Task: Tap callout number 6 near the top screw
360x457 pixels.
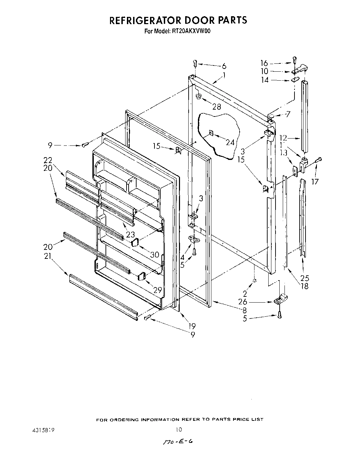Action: click(x=224, y=65)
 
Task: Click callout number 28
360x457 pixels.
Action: click(x=217, y=107)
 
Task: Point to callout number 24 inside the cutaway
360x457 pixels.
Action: click(x=230, y=142)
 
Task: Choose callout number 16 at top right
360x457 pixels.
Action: click(x=264, y=63)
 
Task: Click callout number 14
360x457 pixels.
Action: click(x=264, y=80)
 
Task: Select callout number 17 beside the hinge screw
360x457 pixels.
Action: click(x=315, y=181)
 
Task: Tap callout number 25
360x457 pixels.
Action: click(x=305, y=278)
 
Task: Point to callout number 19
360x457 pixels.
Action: click(x=192, y=326)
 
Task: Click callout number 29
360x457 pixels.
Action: click(x=158, y=290)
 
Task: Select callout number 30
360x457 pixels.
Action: click(x=155, y=255)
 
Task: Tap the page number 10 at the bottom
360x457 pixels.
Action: click(x=178, y=429)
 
